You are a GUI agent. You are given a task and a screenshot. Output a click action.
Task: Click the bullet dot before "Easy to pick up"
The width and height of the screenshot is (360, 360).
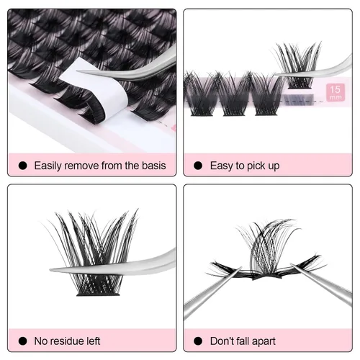point(198,166)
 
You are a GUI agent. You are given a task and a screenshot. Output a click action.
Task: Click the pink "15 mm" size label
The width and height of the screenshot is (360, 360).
point(336,92)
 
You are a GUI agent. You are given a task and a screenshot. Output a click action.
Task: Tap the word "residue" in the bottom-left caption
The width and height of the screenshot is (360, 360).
point(68,341)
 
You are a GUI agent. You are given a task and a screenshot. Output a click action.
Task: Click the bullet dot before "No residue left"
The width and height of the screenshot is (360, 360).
point(23,341)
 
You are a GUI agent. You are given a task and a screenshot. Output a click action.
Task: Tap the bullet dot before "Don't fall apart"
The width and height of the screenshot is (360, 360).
point(198,341)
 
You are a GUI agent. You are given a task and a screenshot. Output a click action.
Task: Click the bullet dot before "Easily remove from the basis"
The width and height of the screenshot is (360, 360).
point(23,166)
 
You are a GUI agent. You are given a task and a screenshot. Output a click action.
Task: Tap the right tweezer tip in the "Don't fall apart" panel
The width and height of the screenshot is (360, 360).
point(291,264)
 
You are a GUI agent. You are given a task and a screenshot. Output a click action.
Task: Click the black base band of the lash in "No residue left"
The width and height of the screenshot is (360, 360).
point(98,294)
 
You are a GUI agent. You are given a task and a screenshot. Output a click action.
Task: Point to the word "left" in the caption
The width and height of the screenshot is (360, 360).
point(93,341)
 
